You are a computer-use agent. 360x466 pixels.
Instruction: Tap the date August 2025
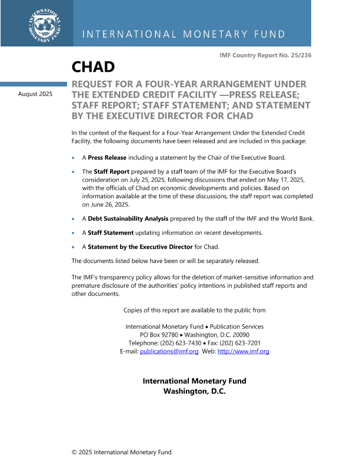point(35,94)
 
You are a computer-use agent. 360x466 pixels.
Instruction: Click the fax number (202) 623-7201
point(238,343)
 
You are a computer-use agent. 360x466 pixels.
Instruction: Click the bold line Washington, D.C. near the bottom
point(194,391)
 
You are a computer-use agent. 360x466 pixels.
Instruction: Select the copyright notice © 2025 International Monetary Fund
point(122,452)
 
